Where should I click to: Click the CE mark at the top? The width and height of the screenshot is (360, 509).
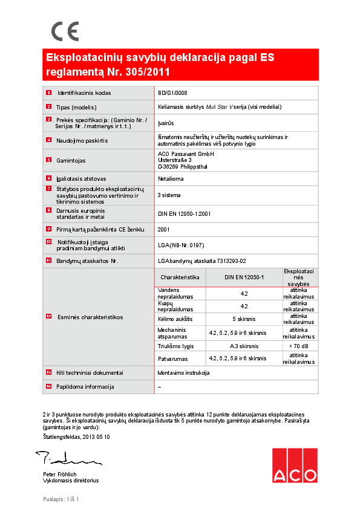pyautogui.click(x=65, y=31)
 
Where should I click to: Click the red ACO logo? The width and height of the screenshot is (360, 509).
pyautogui.click(x=293, y=466)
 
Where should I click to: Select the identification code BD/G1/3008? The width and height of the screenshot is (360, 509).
pyautogui.click(x=172, y=93)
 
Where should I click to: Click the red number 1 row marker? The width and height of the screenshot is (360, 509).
pyautogui.click(x=48, y=93)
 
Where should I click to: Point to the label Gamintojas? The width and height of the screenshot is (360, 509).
pyautogui.click(x=71, y=160)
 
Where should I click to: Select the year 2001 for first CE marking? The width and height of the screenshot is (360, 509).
pyautogui.click(x=163, y=229)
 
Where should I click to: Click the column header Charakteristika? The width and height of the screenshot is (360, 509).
pyautogui.click(x=180, y=276)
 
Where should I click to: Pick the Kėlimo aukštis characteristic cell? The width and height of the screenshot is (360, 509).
pyautogui.click(x=175, y=318)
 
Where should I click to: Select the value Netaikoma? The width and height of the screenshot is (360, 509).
pyautogui.click(x=171, y=179)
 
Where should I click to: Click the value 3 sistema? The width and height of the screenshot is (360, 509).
pyautogui.click(x=169, y=195)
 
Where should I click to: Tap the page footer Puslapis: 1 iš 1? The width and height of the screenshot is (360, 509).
pyautogui.click(x=61, y=499)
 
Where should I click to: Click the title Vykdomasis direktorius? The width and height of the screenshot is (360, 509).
pyautogui.click(x=70, y=481)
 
